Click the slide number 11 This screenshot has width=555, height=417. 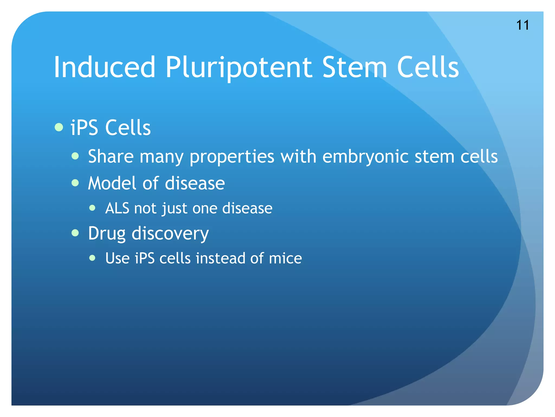pyautogui.click(x=522, y=25)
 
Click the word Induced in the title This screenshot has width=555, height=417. pyautogui.click(x=105, y=67)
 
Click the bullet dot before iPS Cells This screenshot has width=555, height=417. pyautogui.click(x=59, y=127)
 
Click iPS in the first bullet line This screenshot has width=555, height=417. pyautogui.click(x=84, y=128)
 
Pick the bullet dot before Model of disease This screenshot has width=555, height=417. pyautogui.click(x=75, y=183)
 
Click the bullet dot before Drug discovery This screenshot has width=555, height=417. pyautogui.click(x=75, y=233)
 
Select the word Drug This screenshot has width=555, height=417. pyautogui.click(x=107, y=233)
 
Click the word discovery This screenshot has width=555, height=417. pyautogui.click(x=170, y=233)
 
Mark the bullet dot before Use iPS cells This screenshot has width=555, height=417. pyautogui.click(x=92, y=258)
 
